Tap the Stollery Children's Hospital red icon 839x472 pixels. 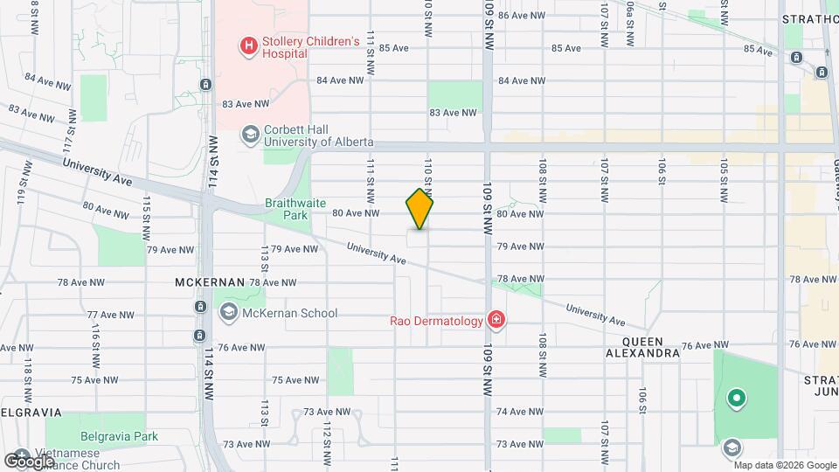click(x=249, y=45)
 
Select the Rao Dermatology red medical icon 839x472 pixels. click(x=496, y=321)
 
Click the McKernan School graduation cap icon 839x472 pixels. click(x=228, y=312)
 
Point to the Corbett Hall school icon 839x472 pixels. click(x=250, y=134)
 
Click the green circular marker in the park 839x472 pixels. click(x=737, y=399)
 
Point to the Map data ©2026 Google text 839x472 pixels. click(x=785, y=464)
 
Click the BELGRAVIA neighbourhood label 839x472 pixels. click(x=31, y=412)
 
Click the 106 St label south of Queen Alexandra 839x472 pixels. click(x=643, y=399)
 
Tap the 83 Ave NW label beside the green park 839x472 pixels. click(x=453, y=112)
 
